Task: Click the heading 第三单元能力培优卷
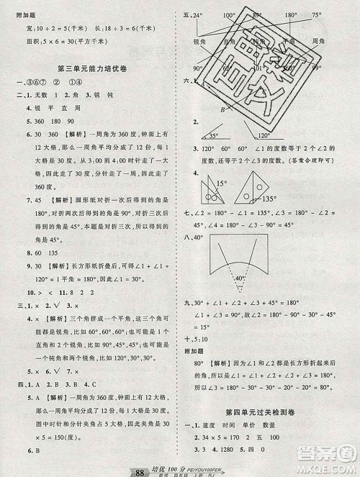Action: (93, 68)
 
